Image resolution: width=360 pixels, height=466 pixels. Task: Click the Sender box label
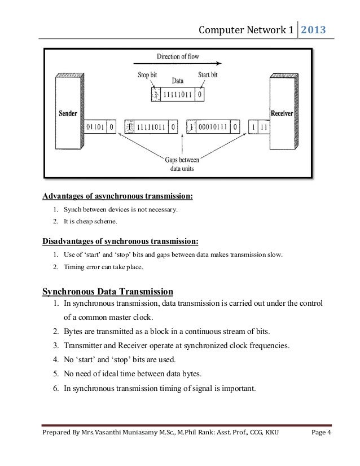pyautogui.click(x=68, y=112)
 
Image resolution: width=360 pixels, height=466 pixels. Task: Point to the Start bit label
pyautogui.click(x=209, y=74)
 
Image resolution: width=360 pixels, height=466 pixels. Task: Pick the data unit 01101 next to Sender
pyautogui.click(x=95, y=128)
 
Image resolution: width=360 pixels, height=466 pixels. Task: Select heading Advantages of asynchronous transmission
pyautogui.click(x=118, y=197)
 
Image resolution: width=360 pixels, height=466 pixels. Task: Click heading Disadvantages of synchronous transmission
pyautogui.click(x=120, y=242)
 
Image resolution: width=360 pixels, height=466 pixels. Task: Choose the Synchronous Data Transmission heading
pyautogui.click(x=108, y=292)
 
